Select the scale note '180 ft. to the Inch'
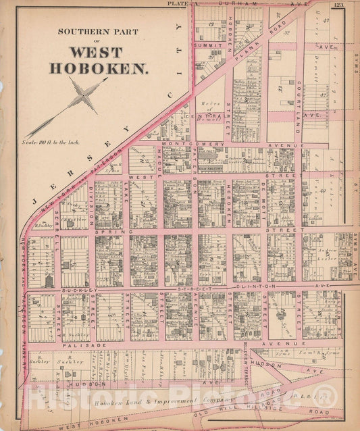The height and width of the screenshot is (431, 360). tap(51, 142)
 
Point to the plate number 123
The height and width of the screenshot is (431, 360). tap(338, 5)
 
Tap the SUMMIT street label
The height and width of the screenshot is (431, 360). tap(208, 46)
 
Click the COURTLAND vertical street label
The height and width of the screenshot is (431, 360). tap(298, 101)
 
